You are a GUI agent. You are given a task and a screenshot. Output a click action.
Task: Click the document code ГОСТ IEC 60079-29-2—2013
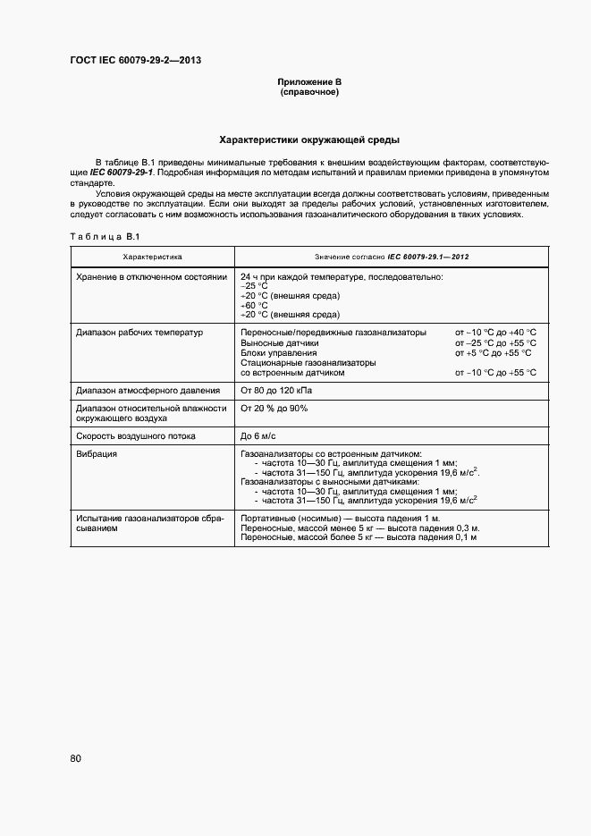tap(135, 61)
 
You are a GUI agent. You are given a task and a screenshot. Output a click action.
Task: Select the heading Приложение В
tap(309, 82)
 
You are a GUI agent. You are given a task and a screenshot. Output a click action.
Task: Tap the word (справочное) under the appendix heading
tap(309, 92)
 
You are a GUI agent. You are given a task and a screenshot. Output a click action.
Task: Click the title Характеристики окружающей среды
tap(309, 140)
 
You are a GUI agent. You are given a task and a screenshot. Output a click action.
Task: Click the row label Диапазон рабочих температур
tap(139, 332)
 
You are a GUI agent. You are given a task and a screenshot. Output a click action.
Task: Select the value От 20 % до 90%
tap(274, 409)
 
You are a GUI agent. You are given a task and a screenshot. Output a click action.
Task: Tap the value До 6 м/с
tap(259, 436)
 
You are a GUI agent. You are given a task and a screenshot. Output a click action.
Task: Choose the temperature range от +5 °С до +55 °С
tap(495, 353)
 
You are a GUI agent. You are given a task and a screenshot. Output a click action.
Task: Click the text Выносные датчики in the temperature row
tap(280, 342)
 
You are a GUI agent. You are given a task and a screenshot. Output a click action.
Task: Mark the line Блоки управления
tap(279, 353)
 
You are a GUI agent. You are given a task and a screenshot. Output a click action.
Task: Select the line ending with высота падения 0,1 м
tap(359, 537)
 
